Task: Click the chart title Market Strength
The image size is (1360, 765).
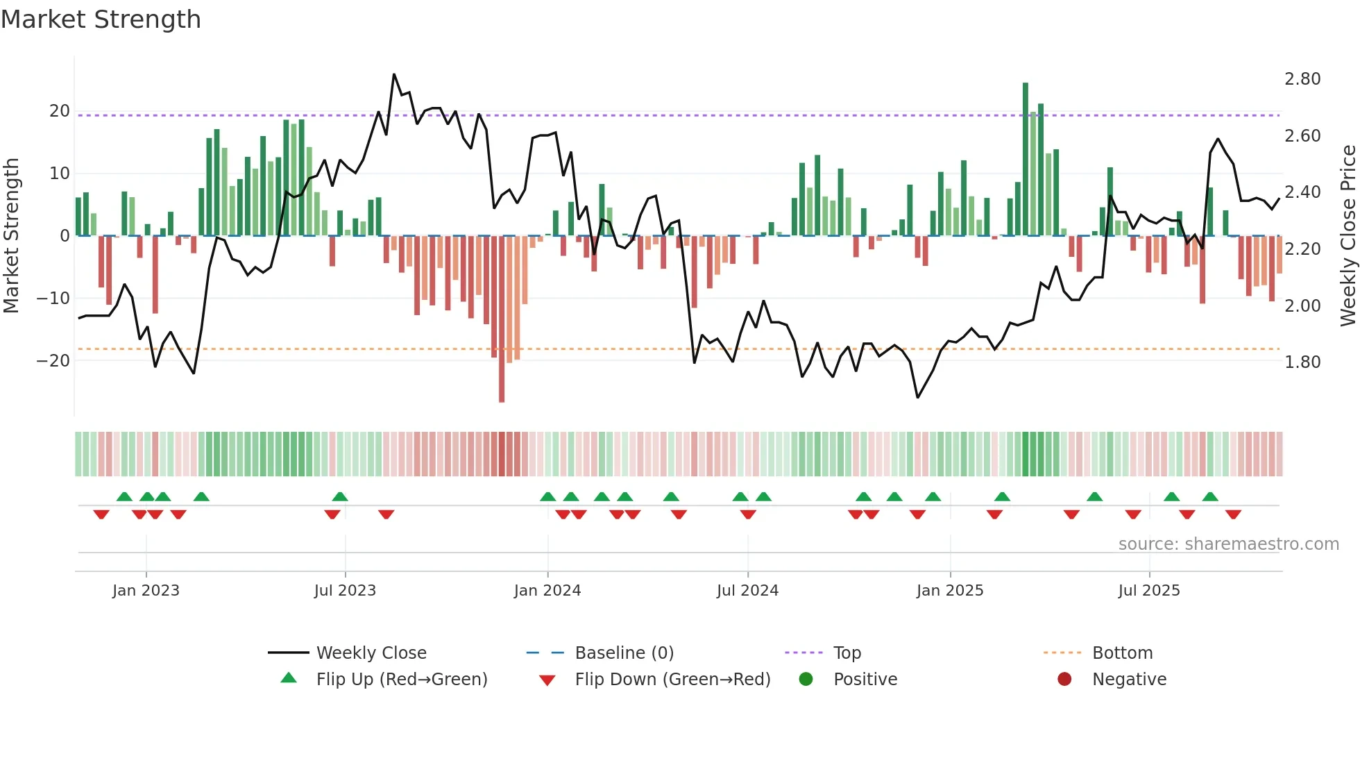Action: [x=101, y=19]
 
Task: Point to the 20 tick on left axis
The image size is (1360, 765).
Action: [x=60, y=111]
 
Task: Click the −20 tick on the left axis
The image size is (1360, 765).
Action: [x=54, y=361]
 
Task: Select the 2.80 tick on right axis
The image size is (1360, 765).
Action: [x=1302, y=79]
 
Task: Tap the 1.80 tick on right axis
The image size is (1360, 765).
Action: [x=1302, y=362]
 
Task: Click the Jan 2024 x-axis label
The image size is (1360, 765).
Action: [x=547, y=591]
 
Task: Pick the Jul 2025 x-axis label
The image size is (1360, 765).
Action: [x=1149, y=591]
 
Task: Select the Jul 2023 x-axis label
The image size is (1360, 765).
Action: [x=345, y=591]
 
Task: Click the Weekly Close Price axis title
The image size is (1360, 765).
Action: [x=1348, y=236]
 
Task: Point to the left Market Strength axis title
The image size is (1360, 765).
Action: [x=12, y=236]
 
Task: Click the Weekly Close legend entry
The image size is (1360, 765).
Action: [x=371, y=653]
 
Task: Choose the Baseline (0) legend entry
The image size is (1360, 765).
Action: [x=624, y=653]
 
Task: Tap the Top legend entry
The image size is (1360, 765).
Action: [x=847, y=653]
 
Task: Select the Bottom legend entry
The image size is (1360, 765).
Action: [x=1122, y=653]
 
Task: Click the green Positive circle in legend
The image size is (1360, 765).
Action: [x=806, y=680]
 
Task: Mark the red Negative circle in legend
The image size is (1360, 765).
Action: [x=1064, y=680]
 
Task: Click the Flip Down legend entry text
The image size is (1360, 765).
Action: [x=672, y=680]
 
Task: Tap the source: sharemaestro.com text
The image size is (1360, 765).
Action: [x=1228, y=544]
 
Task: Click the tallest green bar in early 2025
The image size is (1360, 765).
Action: [x=1026, y=160]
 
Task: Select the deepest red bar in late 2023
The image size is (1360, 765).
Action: [x=502, y=319]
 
